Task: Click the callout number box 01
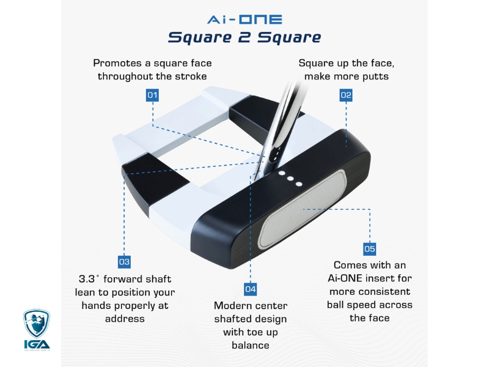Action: (152, 95)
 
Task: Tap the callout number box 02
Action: (346, 95)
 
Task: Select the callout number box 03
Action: (125, 262)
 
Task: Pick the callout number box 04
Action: (251, 289)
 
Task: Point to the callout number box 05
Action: (370, 249)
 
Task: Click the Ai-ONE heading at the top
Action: (244, 20)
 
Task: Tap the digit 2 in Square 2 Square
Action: (244, 37)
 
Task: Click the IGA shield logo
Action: (37, 324)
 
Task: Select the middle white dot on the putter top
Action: (290, 179)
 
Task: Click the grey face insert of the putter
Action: (302, 209)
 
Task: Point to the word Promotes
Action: (117, 63)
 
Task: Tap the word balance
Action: (251, 345)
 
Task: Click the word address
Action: (125, 319)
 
